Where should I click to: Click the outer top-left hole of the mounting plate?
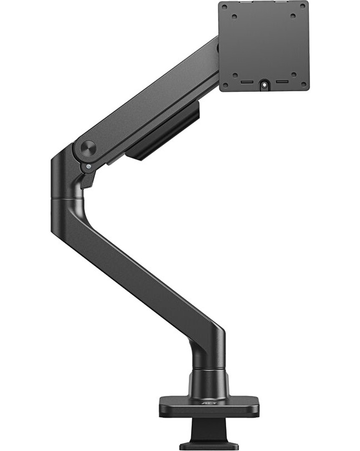click(224, 7)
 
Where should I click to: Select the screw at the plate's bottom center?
click(264, 85)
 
